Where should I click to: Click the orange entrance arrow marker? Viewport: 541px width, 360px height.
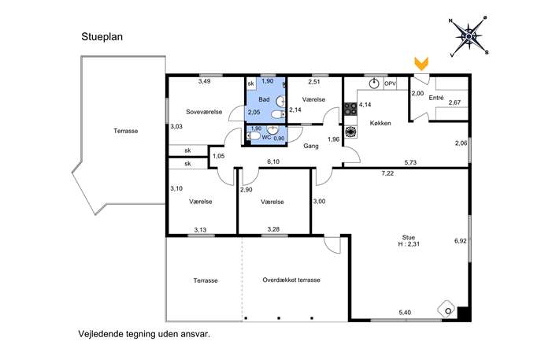coord(421,64)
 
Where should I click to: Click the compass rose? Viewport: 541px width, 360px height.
coord(469,36)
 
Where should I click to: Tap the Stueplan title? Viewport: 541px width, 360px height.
coord(102,37)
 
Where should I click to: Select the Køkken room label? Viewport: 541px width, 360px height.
coord(380,123)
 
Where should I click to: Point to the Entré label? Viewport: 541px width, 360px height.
coord(436,98)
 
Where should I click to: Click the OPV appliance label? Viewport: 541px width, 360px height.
coord(391,84)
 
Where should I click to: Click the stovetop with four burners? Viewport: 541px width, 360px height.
coord(350,109)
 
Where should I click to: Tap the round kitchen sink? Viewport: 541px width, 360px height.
coord(374,84)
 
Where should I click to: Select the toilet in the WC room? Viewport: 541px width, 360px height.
coord(254,136)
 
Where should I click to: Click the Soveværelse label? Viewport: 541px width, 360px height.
coord(204,112)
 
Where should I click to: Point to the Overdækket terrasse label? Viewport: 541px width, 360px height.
coord(291,280)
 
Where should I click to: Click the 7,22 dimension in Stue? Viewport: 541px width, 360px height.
coord(387,173)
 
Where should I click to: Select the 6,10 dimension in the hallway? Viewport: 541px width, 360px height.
coord(273,161)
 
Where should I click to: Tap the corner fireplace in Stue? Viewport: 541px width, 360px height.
coord(447,310)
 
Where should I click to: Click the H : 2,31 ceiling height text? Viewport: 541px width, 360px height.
coord(409,244)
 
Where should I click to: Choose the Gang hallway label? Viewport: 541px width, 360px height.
coord(311,146)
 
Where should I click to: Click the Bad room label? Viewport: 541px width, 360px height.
coord(264,99)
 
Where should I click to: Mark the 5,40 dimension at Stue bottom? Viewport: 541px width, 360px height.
coord(405,313)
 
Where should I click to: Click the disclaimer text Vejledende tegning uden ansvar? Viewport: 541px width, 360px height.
coord(144,334)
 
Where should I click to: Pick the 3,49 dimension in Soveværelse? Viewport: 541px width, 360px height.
coord(204,81)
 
